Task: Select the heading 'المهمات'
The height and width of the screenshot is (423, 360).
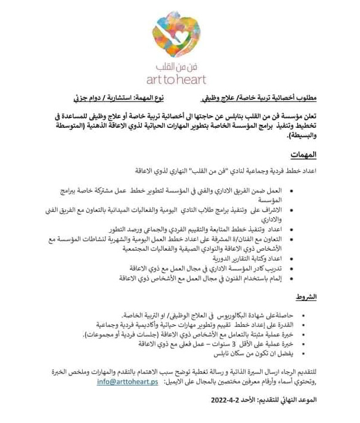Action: coord(304,155)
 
